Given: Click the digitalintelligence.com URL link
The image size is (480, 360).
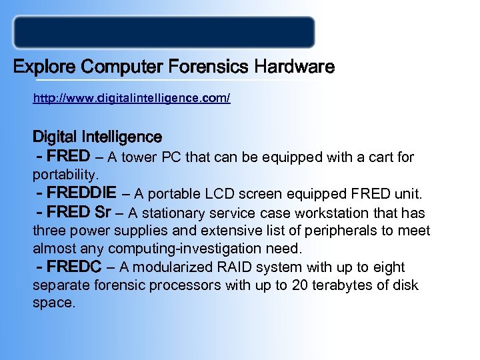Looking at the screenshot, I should [131, 99].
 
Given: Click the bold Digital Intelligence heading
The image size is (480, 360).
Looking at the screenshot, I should [97, 137].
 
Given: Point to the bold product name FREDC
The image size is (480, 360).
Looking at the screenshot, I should [73, 267].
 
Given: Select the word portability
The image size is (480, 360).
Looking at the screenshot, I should [66, 176].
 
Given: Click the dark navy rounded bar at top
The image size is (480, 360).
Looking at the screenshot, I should [164, 32].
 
